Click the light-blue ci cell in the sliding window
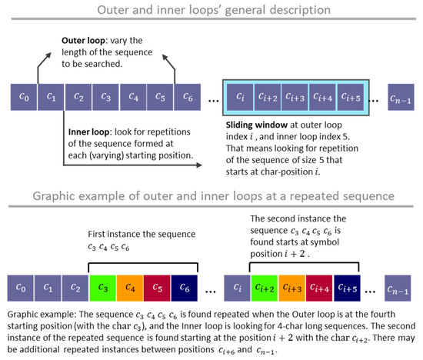[239, 96]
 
